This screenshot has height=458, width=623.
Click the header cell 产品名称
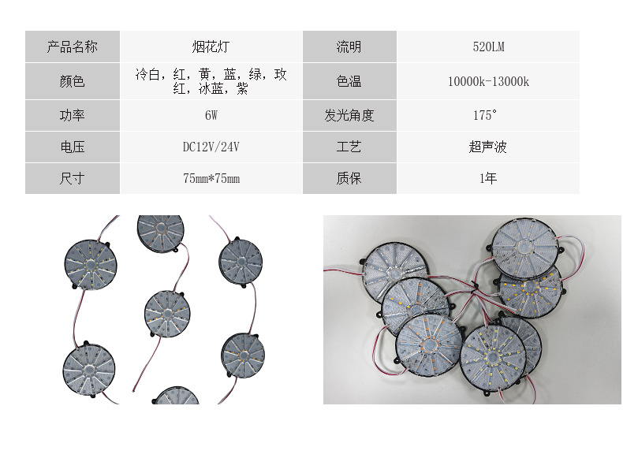click(73, 47)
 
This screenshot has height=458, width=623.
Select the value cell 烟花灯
click(211, 47)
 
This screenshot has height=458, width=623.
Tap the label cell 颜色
click(73, 81)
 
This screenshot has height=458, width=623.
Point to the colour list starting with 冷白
click(211, 81)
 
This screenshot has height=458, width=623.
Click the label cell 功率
click(73, 116)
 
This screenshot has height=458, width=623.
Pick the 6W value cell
click(211, 116)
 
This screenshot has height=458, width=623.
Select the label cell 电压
click(73, 147)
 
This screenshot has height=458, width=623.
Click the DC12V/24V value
click(211, 147)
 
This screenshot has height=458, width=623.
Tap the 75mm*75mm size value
click(211, 179)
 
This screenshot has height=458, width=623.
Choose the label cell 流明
click(349, 47)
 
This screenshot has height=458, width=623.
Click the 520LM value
click(487, 47)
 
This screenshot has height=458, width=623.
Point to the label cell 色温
click(349, 81)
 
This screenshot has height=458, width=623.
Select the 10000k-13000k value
click(487, 81)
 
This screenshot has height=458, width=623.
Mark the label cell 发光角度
click(349, 116)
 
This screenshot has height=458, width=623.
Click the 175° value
click(484, 116)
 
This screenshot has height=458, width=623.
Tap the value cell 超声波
click(487, 147)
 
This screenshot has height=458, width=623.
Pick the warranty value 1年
click(487, 179)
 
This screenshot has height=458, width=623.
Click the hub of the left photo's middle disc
click(167, 313)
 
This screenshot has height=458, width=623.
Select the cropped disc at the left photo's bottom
click(177, 397)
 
